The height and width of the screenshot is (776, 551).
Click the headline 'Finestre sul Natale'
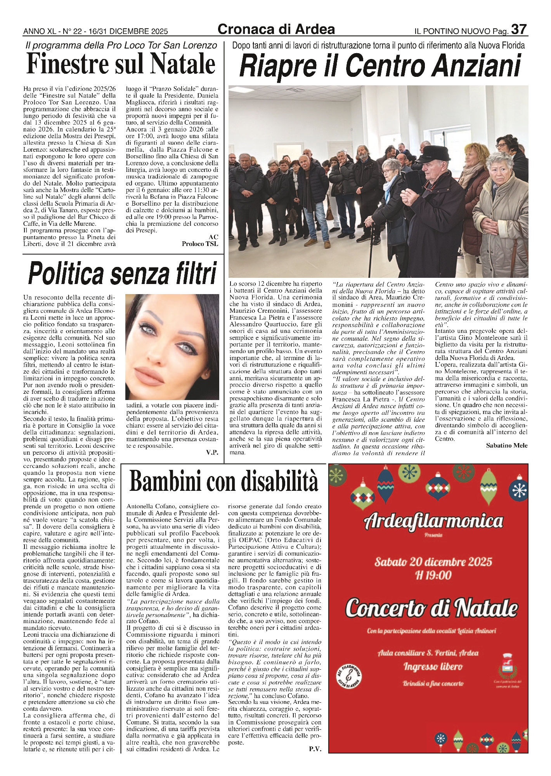point(121,64)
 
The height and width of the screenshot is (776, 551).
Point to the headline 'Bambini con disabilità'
point(224,482)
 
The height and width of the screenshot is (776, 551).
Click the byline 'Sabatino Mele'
point(506,446)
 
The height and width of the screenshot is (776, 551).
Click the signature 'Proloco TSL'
point(200,244)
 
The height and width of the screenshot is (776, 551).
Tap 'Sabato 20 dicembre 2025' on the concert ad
point(433,562)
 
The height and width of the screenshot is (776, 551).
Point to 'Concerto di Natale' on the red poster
point(431,608)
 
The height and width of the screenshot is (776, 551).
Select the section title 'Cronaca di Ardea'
point(276,29)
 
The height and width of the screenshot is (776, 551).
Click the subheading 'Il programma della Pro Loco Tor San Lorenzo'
point(121,46)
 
